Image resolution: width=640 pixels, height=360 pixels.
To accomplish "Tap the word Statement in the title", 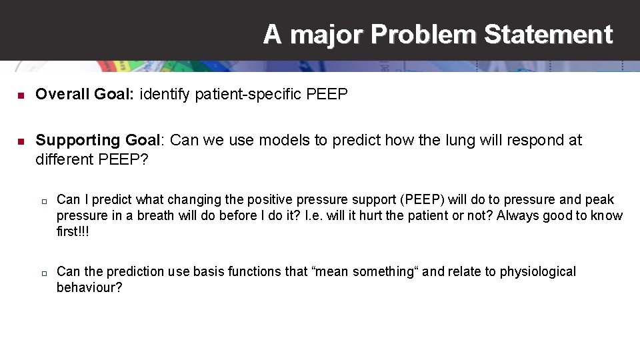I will coord(548,34).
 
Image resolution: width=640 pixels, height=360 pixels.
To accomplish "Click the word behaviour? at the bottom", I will coord(89,287).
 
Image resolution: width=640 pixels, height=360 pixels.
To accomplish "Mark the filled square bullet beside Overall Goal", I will coord(20,96).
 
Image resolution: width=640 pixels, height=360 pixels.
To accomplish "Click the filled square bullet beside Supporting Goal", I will coord(20,141).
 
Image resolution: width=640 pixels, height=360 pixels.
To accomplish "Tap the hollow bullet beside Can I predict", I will coord(42,201).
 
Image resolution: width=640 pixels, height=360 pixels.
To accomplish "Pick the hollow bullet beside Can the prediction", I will coord(42,273).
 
